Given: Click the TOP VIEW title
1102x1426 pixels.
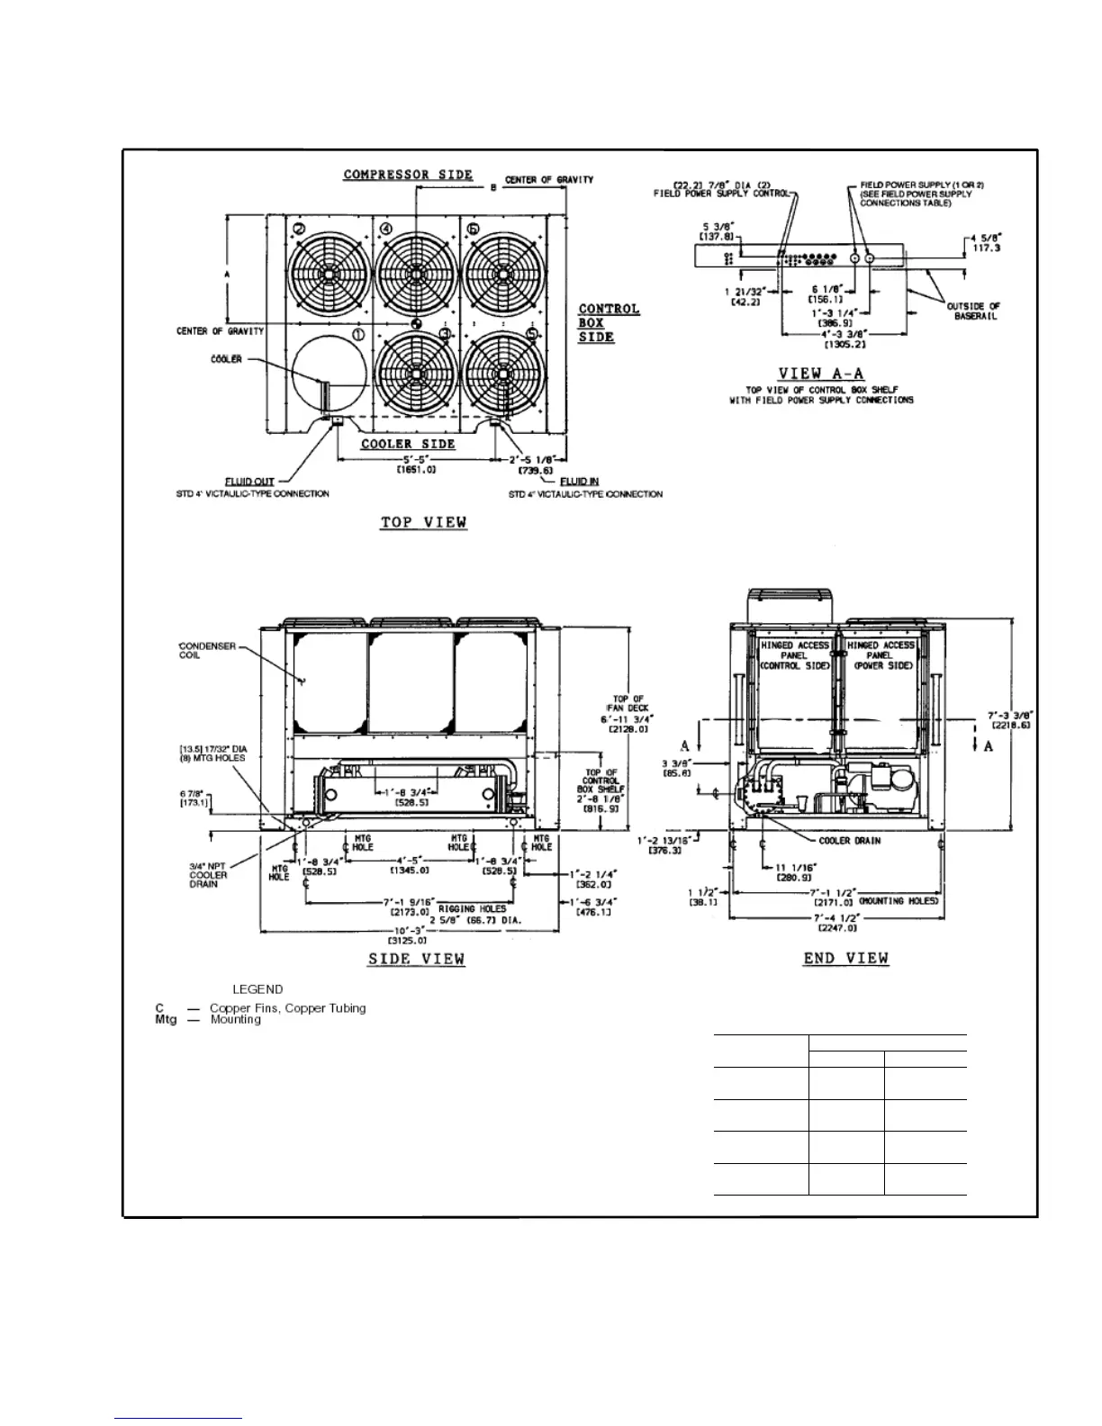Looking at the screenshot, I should pyautogui.click(x=423, y=523).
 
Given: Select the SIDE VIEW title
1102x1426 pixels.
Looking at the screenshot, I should pyautogui.click(x=416, y=959).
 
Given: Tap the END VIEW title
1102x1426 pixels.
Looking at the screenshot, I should pyautogui.click(x=845, y=959).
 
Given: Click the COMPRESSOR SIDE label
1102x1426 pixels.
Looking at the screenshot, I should pyautogui.click(x=408, y=175).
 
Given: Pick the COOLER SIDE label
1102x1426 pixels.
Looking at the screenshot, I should pyautogui.click(x=408, y=444).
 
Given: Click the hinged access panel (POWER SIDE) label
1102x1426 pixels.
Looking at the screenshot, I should pyautogui.click(x=881, y=655).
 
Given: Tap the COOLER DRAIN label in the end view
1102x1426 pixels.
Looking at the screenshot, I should pyautogui.click(x=850, y=841).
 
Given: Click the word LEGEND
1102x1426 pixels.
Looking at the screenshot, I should pyautogui.click(x=257, y=989).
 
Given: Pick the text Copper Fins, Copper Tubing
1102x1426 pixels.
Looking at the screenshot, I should pyautogui.click(x=288, y=1008).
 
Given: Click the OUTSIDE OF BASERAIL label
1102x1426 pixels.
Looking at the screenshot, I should pyautogui.click(x=973, y=311).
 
